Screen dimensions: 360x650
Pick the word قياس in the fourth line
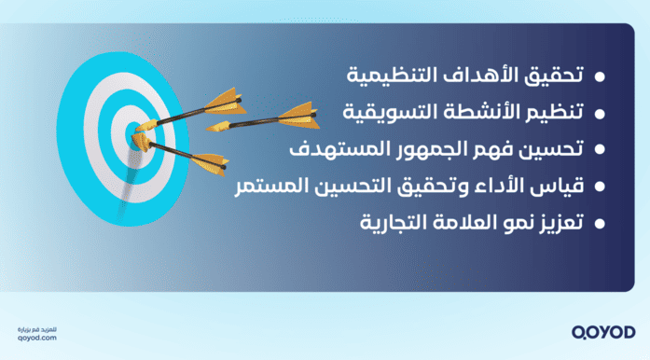click(551, 187)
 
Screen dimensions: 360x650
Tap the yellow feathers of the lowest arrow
click(209, 159)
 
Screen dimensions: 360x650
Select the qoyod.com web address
click(36, 338)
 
